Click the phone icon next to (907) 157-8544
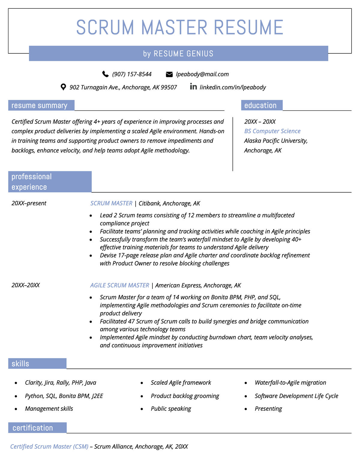pyautogui.click(x=105, y=74)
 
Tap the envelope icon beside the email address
pyautogui.click(x=169, y=74)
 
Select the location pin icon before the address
pyautogui.click(x=63, y=87)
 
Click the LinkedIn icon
pyautogui.click(x=193, y=87)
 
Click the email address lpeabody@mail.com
pyautogui.click(x=202, y=74)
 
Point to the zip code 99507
pyautogui.click(x=169, y=87)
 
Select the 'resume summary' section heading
pyautogui.click(x=39, y=106)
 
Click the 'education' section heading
pyautogui.click(x=260, y=106)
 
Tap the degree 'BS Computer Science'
pyautogui.click(x=272, y=131)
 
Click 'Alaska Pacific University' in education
pyautogui.click(x=275, y=141)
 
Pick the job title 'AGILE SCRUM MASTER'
pyautogui.click(x=120, y=285)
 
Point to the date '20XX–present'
pyautogui.click(x=29, y=203)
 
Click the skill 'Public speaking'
pyautogui.click(x=171, y=409)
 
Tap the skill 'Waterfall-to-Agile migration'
pyautogui.click(x=290, y=383)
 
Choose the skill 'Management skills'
pyautogui.click(x=49, y=409)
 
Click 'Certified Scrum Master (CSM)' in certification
pyautogui.click(x=49, y=446)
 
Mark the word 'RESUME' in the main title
pyautogui.click(x=248, y=28)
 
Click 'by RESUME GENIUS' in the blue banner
pyautogui.click(x=178, y=54)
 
